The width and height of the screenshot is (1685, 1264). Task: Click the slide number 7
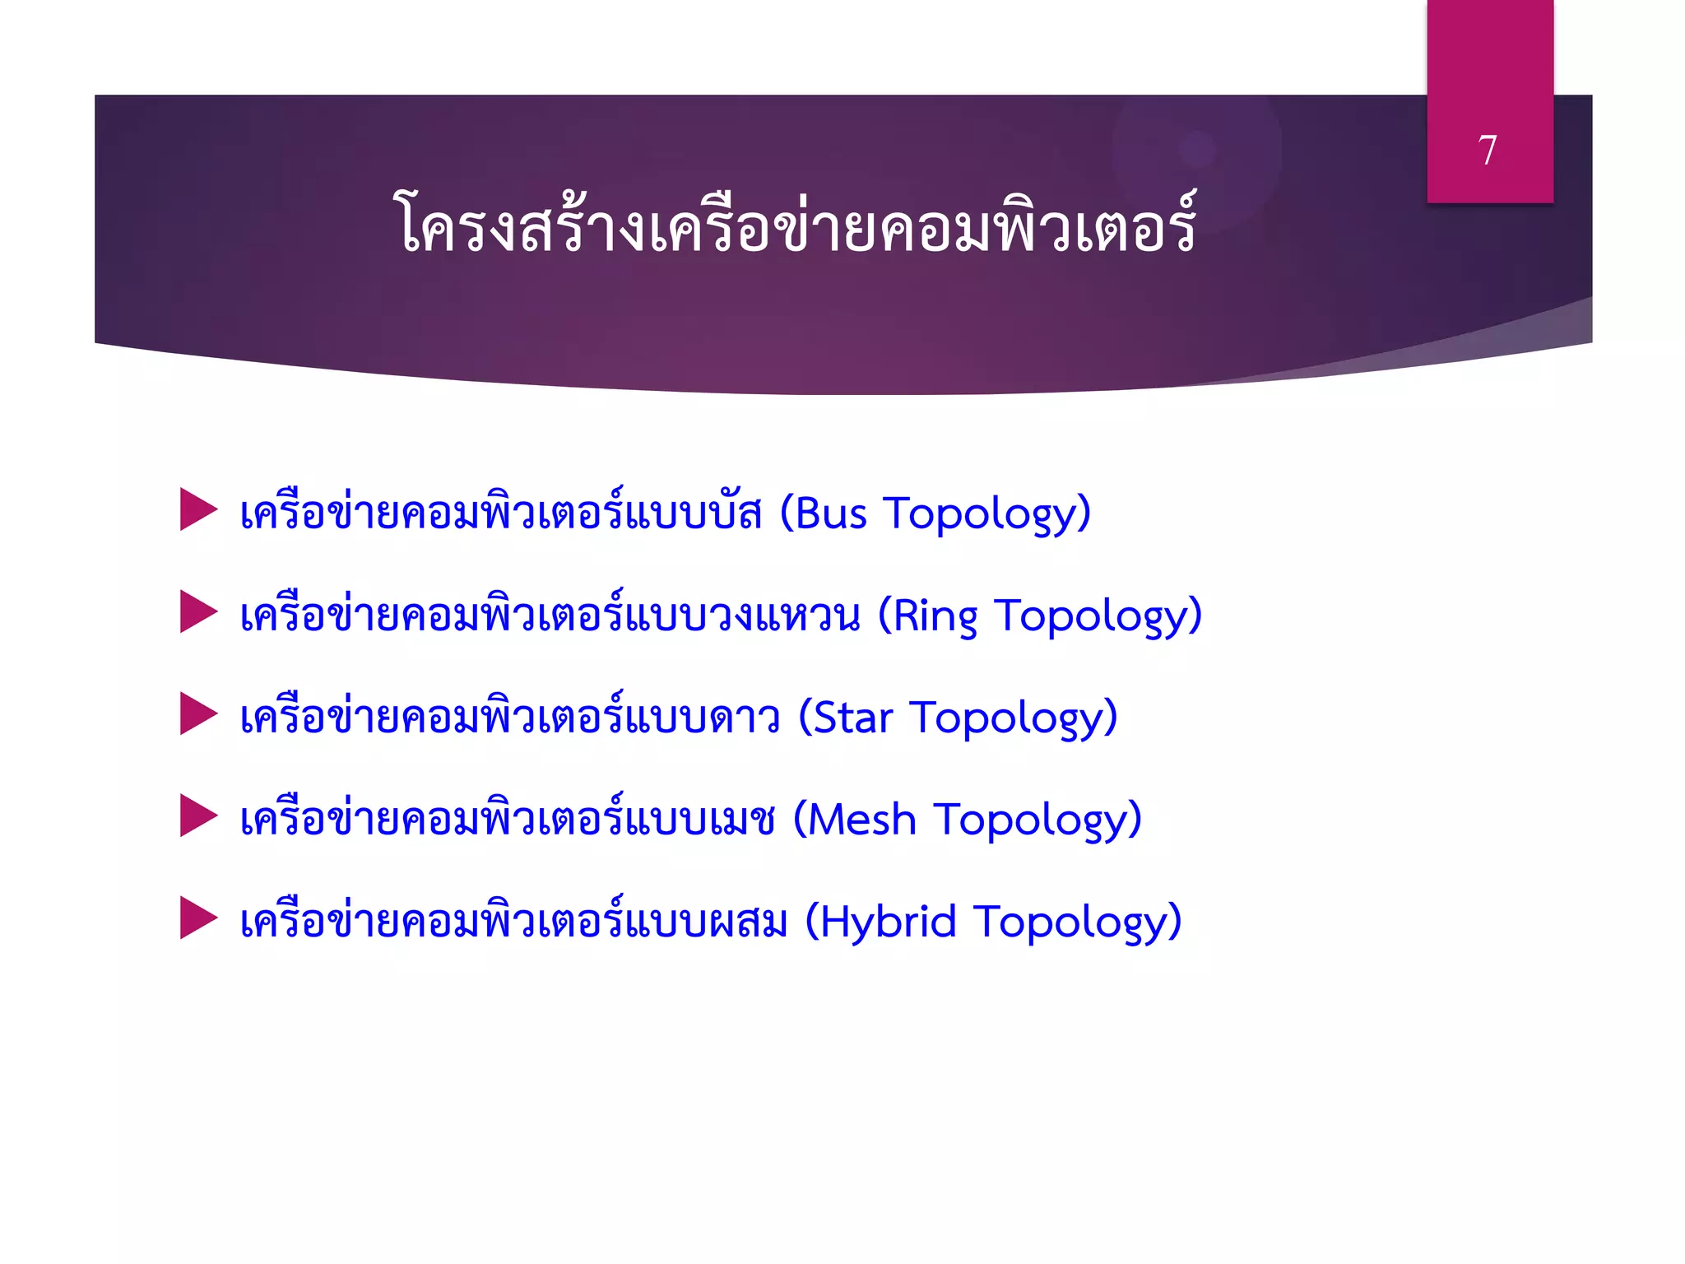[1488, 151]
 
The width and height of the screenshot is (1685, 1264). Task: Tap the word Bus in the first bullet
[831, 514]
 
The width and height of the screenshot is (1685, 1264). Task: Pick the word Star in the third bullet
[853, 718]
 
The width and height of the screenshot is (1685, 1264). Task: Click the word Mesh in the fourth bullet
[861, 820]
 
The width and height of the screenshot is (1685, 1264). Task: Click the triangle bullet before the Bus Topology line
[197, 509]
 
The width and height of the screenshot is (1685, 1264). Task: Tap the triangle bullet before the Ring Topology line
[197, 611]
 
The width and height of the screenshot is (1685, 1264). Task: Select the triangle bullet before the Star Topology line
[197, 713]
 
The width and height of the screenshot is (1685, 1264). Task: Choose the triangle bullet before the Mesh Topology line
[197, 816]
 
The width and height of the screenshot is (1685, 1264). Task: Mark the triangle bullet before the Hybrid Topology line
[197, 918]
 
